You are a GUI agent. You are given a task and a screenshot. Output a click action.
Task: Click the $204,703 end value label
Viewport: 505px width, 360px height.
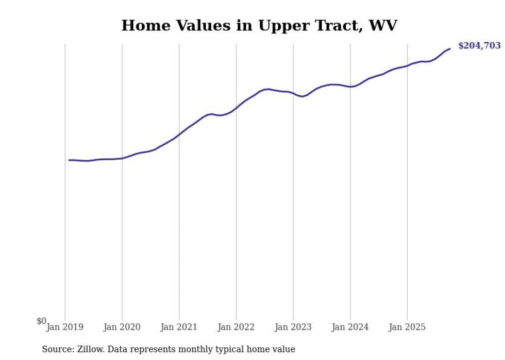(479, 46)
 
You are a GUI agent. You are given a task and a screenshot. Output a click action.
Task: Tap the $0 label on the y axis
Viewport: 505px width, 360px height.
(41, 321)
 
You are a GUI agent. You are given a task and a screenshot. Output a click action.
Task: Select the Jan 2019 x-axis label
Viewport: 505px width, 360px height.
(65, 327)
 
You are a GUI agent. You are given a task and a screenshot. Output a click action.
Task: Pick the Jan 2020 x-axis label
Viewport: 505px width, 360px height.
(122, 327)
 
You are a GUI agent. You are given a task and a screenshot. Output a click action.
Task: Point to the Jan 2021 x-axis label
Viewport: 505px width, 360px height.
(179, 327)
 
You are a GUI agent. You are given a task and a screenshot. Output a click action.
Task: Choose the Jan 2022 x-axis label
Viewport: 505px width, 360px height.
(236, 327)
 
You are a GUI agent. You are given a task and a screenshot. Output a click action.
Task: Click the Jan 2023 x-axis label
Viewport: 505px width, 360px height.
(293, 327)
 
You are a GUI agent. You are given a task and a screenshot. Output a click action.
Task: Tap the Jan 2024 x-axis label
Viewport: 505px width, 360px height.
(350, 327)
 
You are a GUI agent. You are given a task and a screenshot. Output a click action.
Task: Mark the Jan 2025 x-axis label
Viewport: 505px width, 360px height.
(407, 327)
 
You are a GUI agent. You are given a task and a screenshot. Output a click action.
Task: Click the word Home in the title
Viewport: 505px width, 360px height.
(143, 25)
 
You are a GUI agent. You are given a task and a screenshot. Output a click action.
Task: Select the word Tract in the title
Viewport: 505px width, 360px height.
(338, 25)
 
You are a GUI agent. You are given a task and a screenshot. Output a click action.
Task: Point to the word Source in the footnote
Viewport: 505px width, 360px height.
(56, 349)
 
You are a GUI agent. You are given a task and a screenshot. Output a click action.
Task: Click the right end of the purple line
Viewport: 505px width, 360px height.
(450, 49)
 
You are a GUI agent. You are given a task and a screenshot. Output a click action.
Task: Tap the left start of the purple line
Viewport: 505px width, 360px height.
(69, 160)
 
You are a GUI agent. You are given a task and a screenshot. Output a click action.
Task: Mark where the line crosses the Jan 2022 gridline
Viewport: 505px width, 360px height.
(236, 108)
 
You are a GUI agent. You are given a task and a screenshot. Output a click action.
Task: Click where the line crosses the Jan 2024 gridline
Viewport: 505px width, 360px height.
(350, 87)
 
